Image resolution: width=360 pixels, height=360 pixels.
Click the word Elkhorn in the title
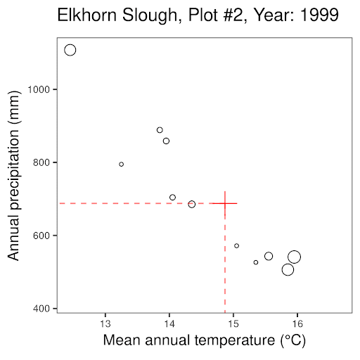(87, 15)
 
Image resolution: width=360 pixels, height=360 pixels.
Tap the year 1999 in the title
(319, 15)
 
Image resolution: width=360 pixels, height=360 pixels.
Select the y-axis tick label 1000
(39, 89)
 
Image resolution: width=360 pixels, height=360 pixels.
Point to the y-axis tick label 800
(41, 162)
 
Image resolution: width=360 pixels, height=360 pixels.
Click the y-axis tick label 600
(41, 236)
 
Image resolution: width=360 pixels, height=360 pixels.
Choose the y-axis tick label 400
(41, 309)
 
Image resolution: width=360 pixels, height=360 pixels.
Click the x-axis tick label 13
(105, 323)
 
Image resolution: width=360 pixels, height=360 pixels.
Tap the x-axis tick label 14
(169, 323)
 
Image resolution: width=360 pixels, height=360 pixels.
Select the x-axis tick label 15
(233, 323)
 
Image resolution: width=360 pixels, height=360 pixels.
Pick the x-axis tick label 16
(297, 323)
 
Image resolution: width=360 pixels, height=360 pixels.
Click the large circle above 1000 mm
(70, 44)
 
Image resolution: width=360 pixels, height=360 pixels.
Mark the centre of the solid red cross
(225, 203)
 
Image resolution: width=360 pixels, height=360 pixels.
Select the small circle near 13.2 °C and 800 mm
(121, 162)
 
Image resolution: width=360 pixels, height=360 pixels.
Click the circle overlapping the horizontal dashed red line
(192, 201)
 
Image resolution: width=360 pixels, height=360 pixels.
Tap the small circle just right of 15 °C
(237, 244)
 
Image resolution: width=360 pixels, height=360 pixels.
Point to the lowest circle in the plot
(288, 264)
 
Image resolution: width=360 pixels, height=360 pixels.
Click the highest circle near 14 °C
(160, 127)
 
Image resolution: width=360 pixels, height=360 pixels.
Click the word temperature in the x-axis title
(235, 340)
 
